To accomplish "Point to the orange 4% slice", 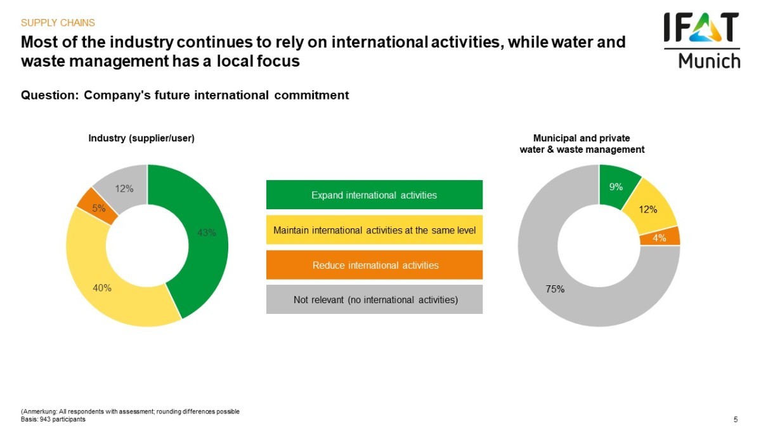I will tap(660, 237).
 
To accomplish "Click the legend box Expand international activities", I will tap(374, 195).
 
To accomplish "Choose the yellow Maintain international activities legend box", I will tap(374, 230).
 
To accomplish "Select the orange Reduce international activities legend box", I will tap(374, 264).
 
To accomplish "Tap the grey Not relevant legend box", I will tap(374, 299).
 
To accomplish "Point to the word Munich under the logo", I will tap(709, 60).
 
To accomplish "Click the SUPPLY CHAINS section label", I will tap(58, 23).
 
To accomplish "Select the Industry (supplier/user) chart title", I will tap(141, 138).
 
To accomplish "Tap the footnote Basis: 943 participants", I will tap(53, 419).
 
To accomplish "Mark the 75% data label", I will tap(556, 289).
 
